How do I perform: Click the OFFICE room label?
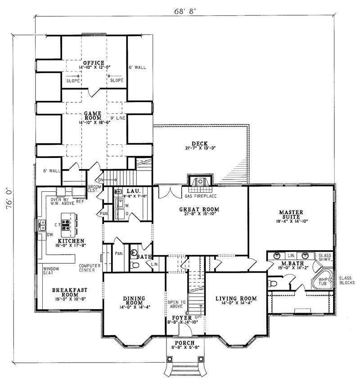point(94,63)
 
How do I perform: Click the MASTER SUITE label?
point(290,212)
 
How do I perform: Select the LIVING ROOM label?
point(236,298)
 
